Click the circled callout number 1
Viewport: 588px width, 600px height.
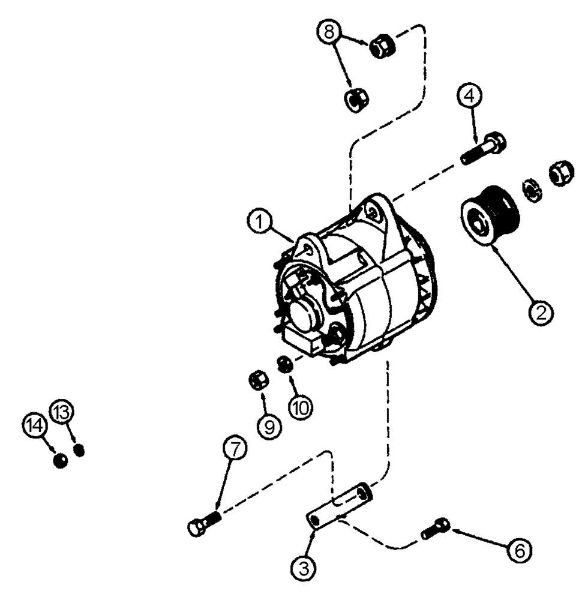(x=259, y=224)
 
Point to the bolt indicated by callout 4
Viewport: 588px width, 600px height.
(x=484, y=148)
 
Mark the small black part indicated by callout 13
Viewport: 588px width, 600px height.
(x=78, y=450)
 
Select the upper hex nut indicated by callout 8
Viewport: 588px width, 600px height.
(x=382, y=46)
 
